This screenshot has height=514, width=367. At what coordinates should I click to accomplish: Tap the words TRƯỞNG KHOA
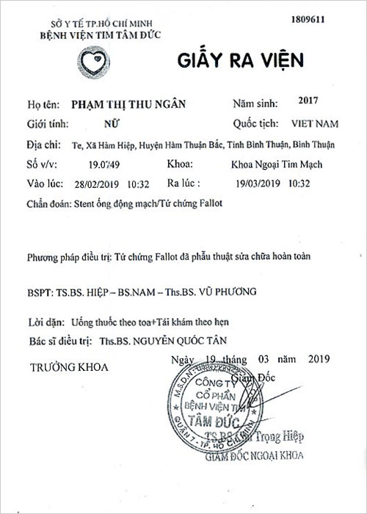tap(68, 366)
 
